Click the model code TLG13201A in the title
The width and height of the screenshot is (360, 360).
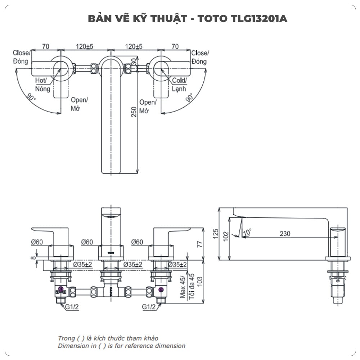click(258, 19)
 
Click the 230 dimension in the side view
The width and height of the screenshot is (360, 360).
click(285, 234)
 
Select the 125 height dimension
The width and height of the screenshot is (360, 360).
click(216, 234)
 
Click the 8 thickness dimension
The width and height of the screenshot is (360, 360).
click(33, 257)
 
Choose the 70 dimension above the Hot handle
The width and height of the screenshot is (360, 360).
click(46, 46)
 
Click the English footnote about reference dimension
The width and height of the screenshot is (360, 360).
click(122, 346)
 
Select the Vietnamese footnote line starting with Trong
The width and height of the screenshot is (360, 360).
click(108, 338)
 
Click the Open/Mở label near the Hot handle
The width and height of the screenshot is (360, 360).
click(79, 104)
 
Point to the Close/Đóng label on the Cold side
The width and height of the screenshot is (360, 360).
click(200, 57)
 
